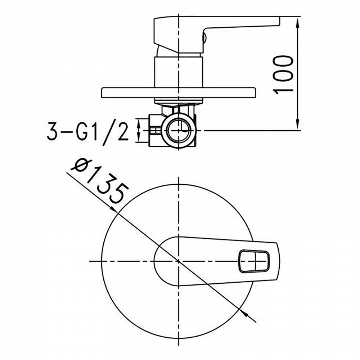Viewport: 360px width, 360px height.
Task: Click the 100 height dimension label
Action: (x=284, y=75)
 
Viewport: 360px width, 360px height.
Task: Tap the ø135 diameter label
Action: (x=99, y=180)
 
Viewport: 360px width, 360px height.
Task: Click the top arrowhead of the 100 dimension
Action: (x=298, y=23)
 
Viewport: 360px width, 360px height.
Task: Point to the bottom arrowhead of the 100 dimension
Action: (x=298, y=123)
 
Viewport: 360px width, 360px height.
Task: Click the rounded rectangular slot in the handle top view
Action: (x=254, y=261)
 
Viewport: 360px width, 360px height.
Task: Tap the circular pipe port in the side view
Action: (x=179, y=130)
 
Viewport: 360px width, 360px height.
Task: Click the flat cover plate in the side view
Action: (x=179, y=93)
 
